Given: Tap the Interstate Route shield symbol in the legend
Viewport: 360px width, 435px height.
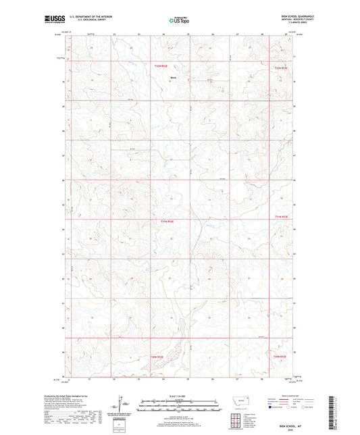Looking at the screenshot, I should point(272,409).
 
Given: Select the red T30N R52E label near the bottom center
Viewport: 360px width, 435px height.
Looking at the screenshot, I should point(157,357).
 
